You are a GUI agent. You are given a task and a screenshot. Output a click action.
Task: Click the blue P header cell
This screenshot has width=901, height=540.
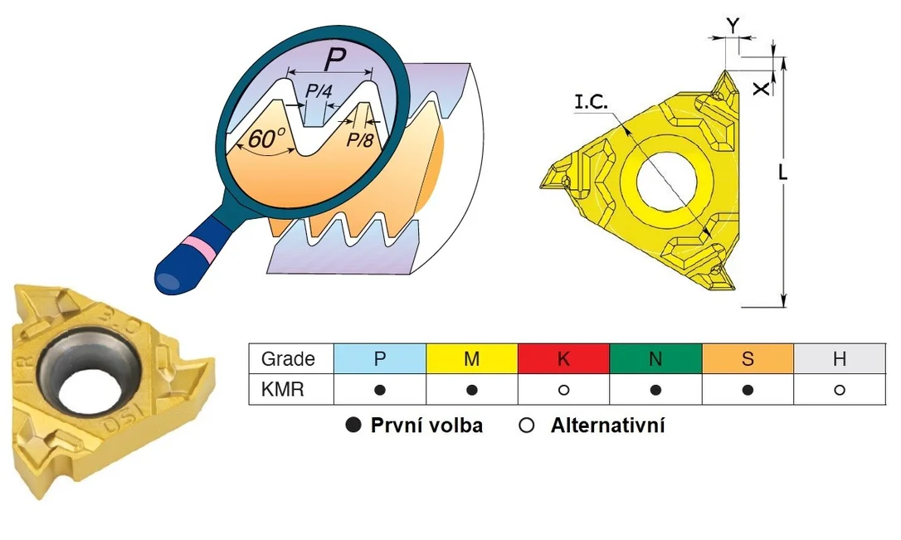coord(380,358)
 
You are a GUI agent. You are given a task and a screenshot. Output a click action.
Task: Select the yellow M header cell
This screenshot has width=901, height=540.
coord(472,358)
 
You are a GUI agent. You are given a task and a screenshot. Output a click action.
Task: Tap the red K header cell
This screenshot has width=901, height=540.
coord(563,358)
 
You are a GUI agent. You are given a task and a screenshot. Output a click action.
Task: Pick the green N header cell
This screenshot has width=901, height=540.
coord(655,358)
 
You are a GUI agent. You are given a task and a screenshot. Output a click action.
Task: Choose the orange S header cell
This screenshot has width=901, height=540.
coord(748,358)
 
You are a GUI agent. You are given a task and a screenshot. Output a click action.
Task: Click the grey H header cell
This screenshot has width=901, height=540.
coord(840,358)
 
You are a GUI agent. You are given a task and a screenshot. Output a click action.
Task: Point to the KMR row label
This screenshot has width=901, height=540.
coord(282,390)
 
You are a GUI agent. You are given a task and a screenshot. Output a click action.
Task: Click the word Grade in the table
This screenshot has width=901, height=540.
coord(288,359)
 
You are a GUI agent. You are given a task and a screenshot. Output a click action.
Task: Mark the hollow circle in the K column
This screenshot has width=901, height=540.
coord(563,390)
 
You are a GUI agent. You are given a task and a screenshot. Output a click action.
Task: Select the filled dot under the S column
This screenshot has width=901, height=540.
coord(748,390)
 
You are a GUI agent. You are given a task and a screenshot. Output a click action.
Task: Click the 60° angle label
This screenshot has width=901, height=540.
coord(267,139)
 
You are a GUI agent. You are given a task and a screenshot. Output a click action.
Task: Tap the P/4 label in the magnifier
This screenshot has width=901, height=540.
coord(319,90)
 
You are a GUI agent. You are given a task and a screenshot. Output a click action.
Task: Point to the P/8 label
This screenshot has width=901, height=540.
coord(360,139)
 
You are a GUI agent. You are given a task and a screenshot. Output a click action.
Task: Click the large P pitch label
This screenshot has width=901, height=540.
coord(335,59)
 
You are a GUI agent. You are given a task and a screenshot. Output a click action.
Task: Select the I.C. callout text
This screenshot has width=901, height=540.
coord(591,102)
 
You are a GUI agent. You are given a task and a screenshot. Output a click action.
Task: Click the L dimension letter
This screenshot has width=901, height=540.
coord(782,172)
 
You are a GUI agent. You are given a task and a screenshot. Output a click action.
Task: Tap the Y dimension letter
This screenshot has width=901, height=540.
coord(733,25)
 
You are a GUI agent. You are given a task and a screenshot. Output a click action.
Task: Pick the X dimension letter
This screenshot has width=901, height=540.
coord(762,89)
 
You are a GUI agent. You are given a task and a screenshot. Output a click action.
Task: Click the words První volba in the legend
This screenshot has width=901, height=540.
coord(426,426)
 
